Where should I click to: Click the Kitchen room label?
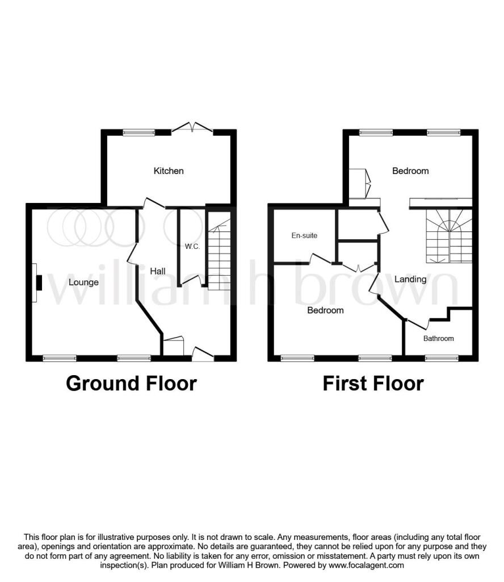(169, 171)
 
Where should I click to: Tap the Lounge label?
(84, 282)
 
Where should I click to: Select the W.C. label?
(192, 247)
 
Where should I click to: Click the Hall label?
(158, 271)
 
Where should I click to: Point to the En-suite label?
(304, 235)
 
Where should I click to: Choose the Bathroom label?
(438, 339)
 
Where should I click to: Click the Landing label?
(410, 279)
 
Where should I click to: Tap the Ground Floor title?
(131, 384)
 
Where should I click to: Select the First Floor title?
(373, 384)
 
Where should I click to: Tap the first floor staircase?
(449, 236)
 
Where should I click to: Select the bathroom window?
(442, 358)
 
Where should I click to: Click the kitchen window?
(138, 132)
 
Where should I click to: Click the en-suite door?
(321, 259)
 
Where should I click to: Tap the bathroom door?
(418, 324)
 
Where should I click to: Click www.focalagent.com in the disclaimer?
(366, 566)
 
